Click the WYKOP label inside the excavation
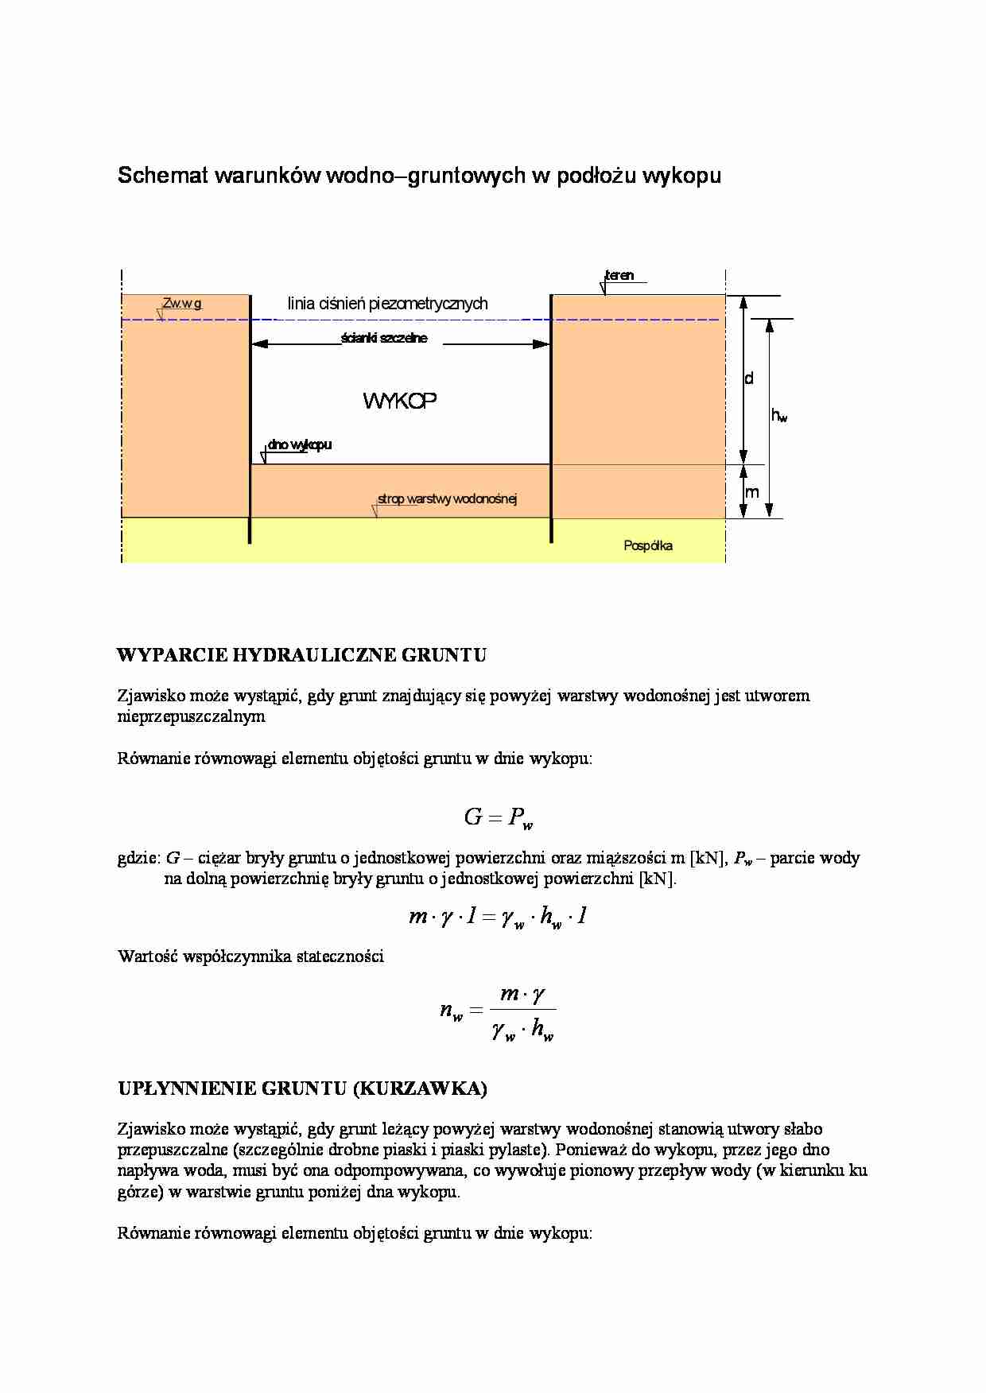click(400, 401)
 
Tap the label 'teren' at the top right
click(620, 275)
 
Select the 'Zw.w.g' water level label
click(182, 303)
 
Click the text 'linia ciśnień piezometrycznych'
click(387, 303)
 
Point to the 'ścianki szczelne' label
click(384, 338)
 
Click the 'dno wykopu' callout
click(300, 444)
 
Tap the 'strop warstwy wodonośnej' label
click(448, 499)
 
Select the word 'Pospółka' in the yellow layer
click(648, 545)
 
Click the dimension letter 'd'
click(748, 378)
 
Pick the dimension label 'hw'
click(779, 415)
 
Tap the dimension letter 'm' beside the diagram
click(751, 492)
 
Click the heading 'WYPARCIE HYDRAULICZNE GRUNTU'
click(301, 655)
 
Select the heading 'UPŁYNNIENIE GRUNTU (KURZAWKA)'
click(302, 1088)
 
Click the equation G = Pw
click(493, 817)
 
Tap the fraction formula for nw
click(497, 1012)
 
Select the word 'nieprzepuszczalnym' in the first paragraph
click(191, 716)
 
